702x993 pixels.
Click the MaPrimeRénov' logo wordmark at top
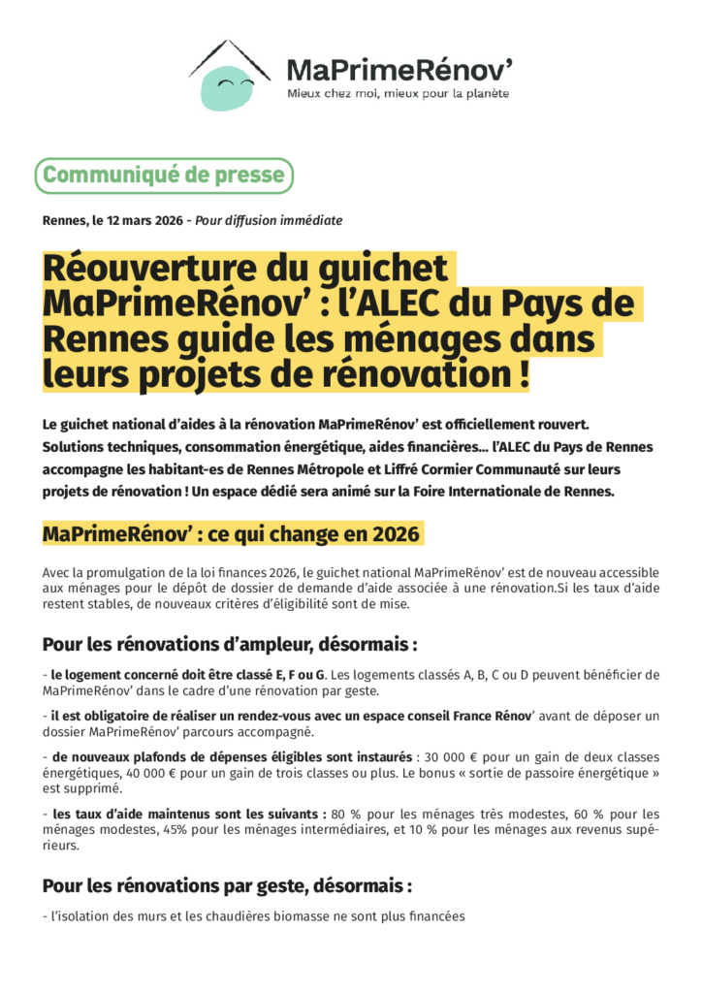pos(399,69)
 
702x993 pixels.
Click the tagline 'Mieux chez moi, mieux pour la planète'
pos(398,94)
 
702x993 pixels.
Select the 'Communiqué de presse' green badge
pos(164,176)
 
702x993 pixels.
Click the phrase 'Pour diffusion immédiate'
pos(269,220)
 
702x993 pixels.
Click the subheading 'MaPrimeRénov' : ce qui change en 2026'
pos(232,534)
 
